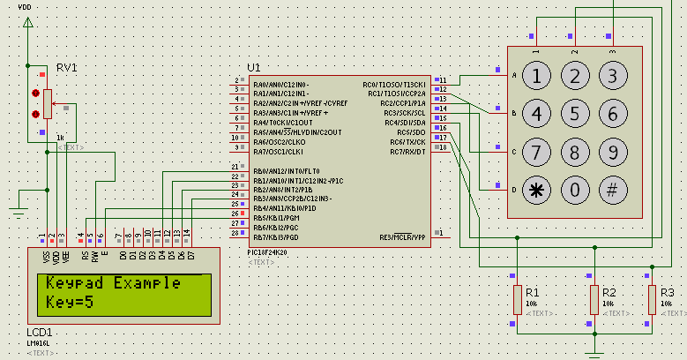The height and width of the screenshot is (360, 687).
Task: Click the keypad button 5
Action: [575, 114]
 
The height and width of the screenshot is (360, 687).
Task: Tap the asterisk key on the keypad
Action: [536, 189]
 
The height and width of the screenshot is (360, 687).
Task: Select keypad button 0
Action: [575, 189]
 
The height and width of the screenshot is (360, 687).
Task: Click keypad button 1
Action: [536, 77]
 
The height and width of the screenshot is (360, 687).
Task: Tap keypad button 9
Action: [612, 152]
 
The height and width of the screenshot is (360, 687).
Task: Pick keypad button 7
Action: [536, 152]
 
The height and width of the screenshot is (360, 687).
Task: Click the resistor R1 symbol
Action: [517, 300]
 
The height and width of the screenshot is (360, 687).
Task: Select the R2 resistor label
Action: [609, 292]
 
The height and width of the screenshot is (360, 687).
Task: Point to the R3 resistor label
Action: [668, 292]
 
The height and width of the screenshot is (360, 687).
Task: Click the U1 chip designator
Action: [254, 67]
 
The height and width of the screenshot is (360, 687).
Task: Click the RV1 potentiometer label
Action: [67, 68]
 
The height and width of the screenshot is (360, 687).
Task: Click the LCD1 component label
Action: [41, 332]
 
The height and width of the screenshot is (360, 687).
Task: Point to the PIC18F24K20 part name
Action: [269, 252]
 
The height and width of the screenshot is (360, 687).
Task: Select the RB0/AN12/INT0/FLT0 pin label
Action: [287, 171]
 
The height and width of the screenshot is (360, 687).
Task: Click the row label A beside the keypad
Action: [514, 75]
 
